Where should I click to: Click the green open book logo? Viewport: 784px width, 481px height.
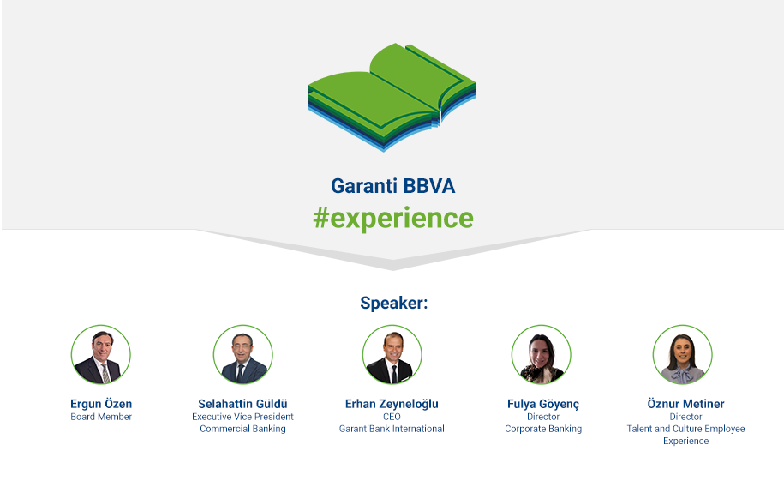tap(392, 97)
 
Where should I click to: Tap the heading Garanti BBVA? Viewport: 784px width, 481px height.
tap(393, 186)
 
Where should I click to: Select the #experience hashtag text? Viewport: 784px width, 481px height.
tap(393, 219)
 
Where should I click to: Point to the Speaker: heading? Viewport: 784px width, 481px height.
tap(394, 303)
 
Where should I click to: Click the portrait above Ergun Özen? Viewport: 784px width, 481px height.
tap(101, 354)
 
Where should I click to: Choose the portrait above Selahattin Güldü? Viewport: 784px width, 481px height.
tap(243, 354)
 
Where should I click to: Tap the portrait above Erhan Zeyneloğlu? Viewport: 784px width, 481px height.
tap(392, 354)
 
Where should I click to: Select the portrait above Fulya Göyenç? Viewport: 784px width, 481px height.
tap(541, 354)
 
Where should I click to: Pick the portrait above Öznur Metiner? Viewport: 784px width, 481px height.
tap(683, 354)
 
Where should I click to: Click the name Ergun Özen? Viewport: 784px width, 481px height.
tap(101, 404)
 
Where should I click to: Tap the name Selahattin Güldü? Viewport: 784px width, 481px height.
tap(243, 404)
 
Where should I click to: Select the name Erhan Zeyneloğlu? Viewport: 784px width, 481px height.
tap(392, 405)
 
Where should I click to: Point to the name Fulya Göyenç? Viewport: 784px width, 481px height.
tap(543, 405)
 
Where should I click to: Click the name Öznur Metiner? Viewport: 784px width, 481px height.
tap(686, 404)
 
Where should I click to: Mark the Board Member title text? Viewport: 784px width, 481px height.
tap(101, 417)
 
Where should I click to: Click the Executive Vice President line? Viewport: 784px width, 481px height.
tap(243, 417)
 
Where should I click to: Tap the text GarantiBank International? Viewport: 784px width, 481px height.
tap(392, 429)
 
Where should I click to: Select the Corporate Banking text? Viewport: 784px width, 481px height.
tap(543, 429)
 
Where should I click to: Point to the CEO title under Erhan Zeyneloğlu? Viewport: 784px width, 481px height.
tap(392, 417)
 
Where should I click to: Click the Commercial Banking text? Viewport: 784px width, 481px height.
tap(243, 429)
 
